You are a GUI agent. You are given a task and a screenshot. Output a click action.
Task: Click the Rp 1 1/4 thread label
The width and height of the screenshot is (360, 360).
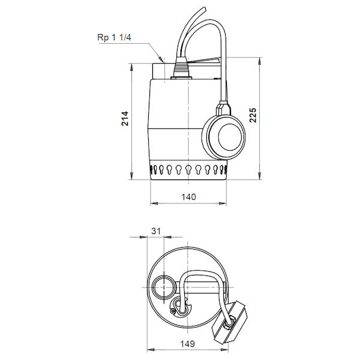pyautogui.click(x=114, y=37)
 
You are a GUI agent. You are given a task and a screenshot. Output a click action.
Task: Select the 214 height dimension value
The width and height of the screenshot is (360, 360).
pyautogui.click(x=125, y=118)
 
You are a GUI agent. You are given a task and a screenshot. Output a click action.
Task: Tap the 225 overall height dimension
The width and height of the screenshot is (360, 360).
pyautogui.click(x=253, y=115)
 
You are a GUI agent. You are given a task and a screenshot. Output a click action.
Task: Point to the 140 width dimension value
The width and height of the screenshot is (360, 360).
pyautogui.click(x=188, y=197)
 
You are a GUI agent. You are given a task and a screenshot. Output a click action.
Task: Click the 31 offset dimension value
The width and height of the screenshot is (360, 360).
pyautogui.click(x=156, y=231)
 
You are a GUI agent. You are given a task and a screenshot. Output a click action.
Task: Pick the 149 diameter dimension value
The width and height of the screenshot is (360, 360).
pyautogui.click(x=187, y=343)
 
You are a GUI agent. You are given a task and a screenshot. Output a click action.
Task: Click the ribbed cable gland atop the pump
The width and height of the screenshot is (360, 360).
pyautogui.click(x=181, y=68)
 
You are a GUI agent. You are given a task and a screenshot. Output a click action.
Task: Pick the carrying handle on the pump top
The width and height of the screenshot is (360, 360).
pyautogui.click(x=203, y=61)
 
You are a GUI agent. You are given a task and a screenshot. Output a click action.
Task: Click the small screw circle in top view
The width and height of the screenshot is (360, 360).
pyautogui.click(x=173, y=311)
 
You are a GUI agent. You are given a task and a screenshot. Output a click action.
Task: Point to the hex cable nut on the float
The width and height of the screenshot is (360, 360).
pyautogui.click(x=230, y=323)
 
